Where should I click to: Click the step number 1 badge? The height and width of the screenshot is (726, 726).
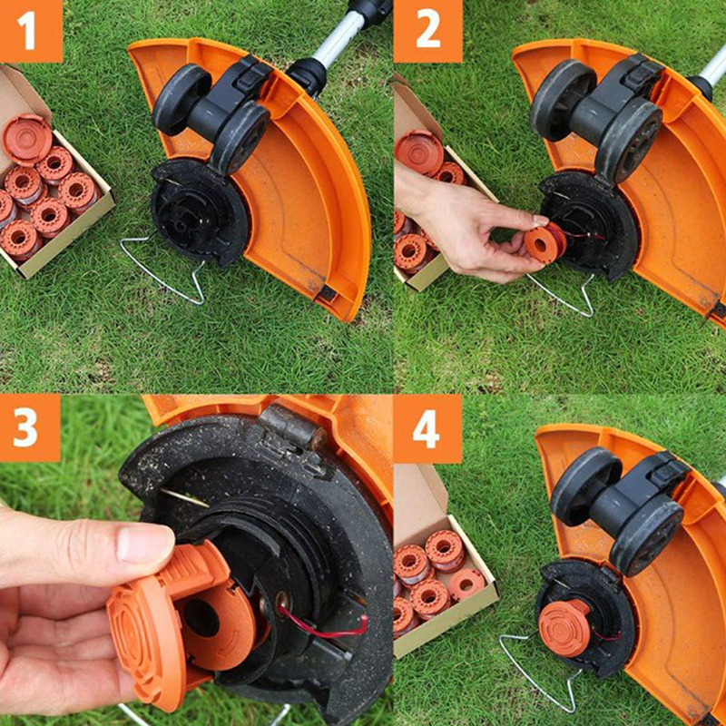point(31,31)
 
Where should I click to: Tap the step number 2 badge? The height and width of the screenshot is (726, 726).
point(427,31)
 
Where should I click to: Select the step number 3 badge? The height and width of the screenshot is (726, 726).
point(30,427)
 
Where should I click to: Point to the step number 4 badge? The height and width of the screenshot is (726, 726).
point(427,428)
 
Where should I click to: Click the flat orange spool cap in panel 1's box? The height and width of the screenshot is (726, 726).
point(27,139)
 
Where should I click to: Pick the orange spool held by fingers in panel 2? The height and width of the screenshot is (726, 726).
point(544,242)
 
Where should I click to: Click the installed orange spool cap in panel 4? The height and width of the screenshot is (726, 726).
point(564,628)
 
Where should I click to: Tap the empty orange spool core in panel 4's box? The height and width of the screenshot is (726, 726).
point(466,585)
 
